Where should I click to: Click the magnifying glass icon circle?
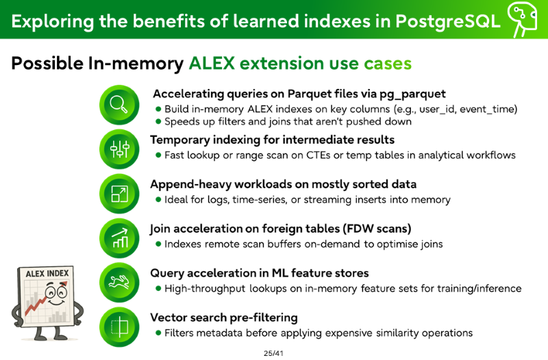coord(119,105)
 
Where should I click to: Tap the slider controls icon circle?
coord(119,149)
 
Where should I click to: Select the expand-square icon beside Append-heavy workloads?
coord(119,194)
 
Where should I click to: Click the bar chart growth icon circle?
coord(119,238)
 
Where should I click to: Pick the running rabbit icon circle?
coord(119,283)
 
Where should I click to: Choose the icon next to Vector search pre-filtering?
coord(119,327)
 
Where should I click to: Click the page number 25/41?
coord(273,353)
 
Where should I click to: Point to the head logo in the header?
coord(522,19)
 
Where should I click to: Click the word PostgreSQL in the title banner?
coord(448,21)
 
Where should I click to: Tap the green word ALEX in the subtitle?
coord(212,63)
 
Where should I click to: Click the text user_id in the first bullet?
coord(438,110)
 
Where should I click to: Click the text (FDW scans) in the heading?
coord(377,229)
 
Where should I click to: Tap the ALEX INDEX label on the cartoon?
coord(47,273)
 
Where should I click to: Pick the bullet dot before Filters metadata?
coord(158,333)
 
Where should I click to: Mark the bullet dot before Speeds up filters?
coord(158,122)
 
